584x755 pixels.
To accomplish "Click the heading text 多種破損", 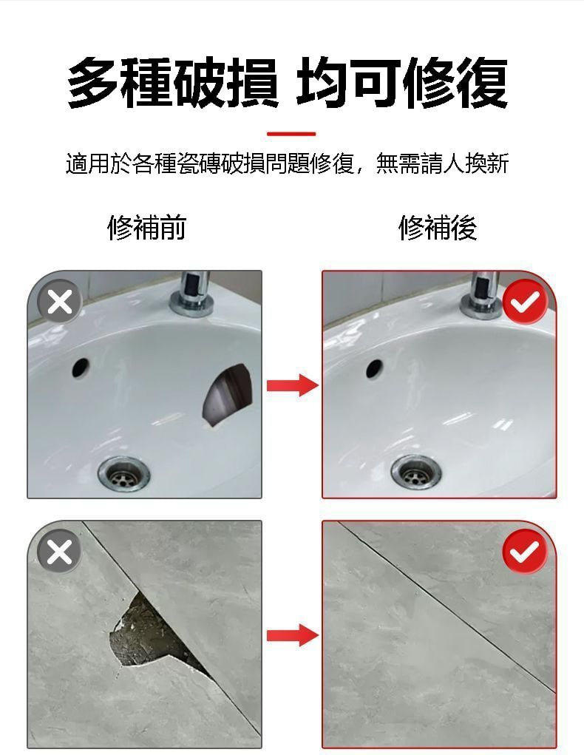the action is tap(172, 83).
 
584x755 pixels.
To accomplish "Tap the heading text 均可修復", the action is tap(402, 83).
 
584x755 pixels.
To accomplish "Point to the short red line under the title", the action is tap(291, 133).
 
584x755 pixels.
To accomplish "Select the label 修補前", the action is tap(146, 228).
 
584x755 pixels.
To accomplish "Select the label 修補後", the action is tap(438, 228).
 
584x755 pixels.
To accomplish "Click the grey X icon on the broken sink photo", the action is tap(60, 302).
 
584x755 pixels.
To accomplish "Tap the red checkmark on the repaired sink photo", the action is tap(525, 302).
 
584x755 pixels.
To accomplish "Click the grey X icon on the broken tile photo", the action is tap(60, 552).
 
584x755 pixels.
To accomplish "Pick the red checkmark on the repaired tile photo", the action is tap(525, 552).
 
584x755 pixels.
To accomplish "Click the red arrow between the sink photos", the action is tap(292, 385).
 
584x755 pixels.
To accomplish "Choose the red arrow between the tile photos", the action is tap(292, 635).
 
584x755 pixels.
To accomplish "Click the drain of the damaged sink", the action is tap(123, 475).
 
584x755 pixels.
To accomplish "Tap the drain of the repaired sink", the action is tap(416, 473).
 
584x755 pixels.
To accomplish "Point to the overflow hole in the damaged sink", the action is tap(81, 368).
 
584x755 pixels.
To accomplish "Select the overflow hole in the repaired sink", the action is tap(374, 368).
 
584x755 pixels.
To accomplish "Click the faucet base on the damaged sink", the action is tap(191, 305).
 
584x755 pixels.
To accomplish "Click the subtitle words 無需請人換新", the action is tap(442, 163).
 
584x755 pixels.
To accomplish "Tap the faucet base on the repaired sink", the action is tap(481, 306).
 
